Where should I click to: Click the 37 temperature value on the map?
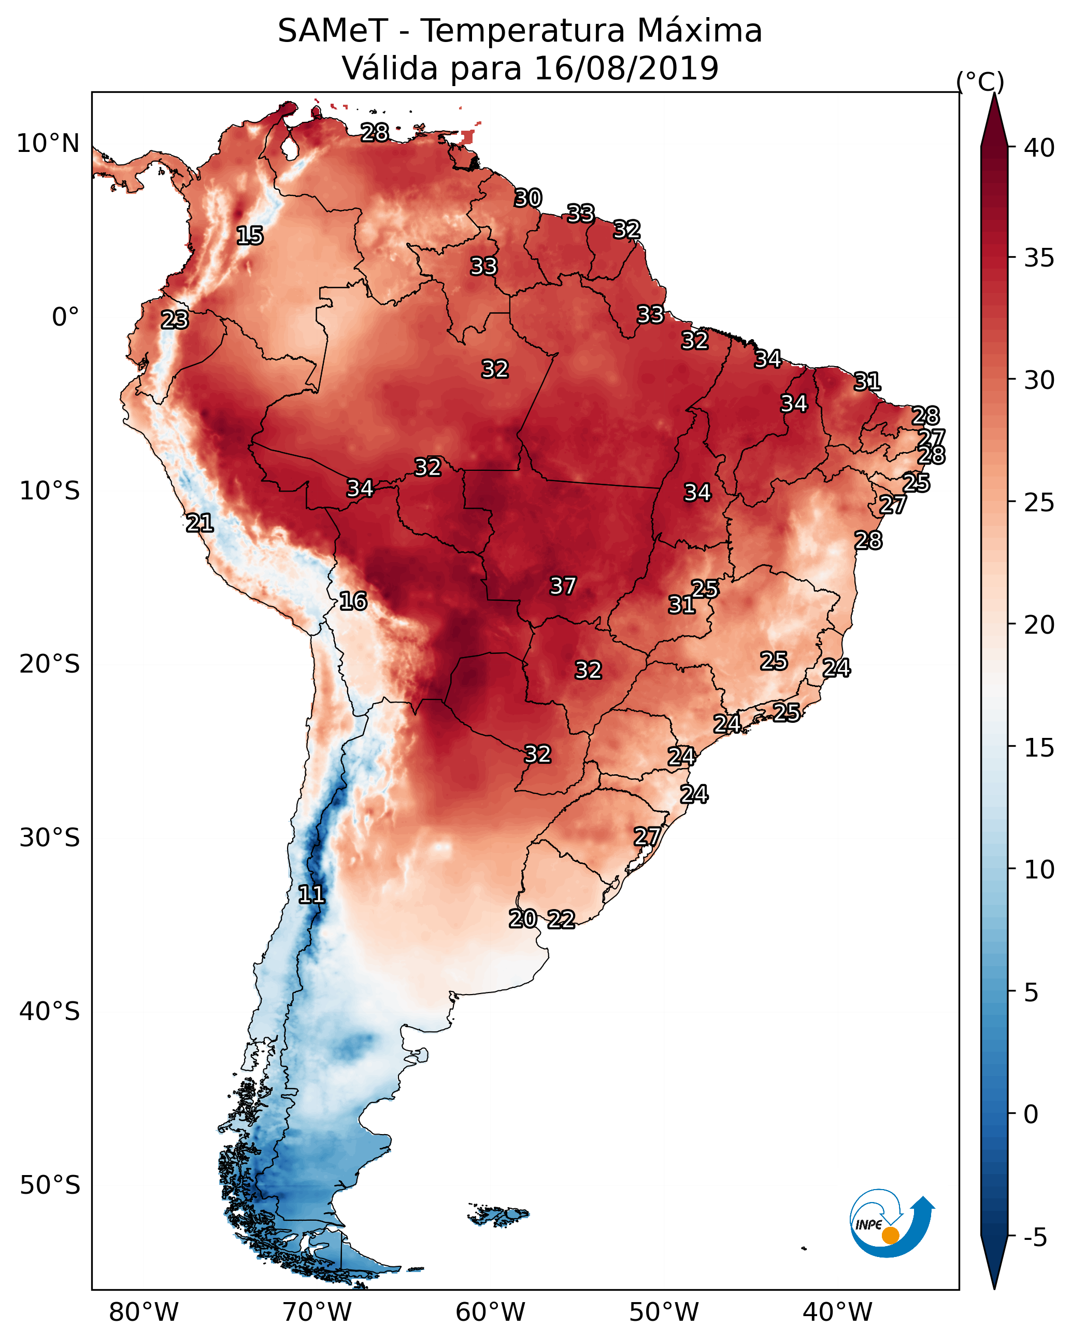[x=563, y=586]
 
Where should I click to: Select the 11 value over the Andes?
[x=311, y=895]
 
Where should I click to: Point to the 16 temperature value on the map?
[x=353, y=601]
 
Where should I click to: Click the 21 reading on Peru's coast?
[x=199, y=523]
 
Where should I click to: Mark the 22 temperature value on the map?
[x=561, y=919]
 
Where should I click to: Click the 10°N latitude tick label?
[x=48, y=144]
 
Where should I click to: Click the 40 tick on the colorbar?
[x=1039, y=148]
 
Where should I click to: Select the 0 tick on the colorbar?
[x=1031, y=1114]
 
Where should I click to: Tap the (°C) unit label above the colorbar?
[x=980, y=81]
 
